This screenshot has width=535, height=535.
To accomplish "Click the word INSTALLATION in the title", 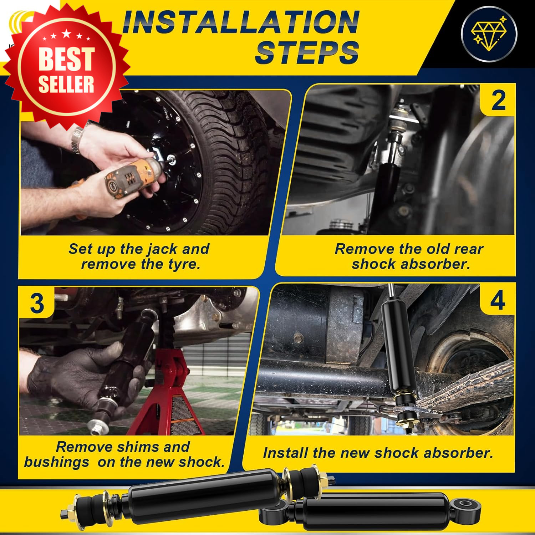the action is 241,22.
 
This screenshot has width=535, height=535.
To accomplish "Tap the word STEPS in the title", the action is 307,52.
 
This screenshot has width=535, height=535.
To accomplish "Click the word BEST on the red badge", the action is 66,58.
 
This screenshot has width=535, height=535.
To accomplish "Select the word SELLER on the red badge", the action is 66,84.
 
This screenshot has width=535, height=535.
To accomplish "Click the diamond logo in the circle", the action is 489,34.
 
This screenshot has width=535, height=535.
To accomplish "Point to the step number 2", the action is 498,100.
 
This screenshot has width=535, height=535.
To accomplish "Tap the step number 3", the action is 37,304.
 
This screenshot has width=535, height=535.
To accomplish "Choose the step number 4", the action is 498,300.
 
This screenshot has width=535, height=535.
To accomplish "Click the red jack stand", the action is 171,392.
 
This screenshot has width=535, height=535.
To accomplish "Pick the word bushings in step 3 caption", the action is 56,462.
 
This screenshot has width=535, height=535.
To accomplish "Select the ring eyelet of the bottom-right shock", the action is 465,504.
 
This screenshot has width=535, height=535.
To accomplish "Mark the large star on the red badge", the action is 66,34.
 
